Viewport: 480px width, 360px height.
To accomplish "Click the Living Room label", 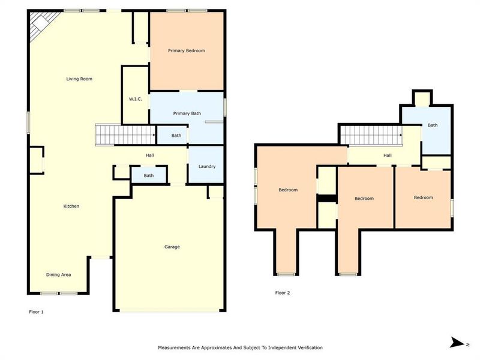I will pos(79,79).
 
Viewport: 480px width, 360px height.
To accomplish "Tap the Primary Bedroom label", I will pos(186,51).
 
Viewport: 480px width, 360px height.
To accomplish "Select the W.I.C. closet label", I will pos(135,99).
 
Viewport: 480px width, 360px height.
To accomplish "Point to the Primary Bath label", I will pos(187,113).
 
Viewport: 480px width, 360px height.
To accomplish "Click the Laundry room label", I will pos(206,166).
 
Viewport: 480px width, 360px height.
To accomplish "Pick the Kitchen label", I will pos(71,206).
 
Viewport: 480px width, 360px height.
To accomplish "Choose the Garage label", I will pos(172,247).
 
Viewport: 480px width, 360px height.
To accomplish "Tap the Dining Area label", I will pos(59,275).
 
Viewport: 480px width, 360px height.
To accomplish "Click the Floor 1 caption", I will pos(37,312).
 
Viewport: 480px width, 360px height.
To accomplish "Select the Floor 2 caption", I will pos(282,293).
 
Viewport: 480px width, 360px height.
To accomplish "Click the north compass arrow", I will pos(457,343).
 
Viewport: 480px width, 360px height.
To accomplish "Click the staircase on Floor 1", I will pos(125,135).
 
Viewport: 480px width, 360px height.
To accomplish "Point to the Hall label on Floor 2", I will pos(388,155).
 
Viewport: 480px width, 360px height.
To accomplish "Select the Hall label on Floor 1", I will pos(150,155).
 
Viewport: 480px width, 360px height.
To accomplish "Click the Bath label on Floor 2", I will pos(433,125).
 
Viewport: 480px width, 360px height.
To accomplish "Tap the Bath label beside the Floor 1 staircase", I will pos(176,136).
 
